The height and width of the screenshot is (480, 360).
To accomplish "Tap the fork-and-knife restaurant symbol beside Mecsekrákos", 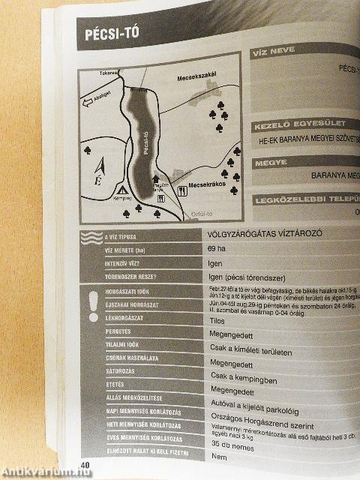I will [181, 191].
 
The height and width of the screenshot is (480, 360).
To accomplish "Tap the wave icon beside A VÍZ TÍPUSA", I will [91, 238].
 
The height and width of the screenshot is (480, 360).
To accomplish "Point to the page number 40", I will [86, 465].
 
